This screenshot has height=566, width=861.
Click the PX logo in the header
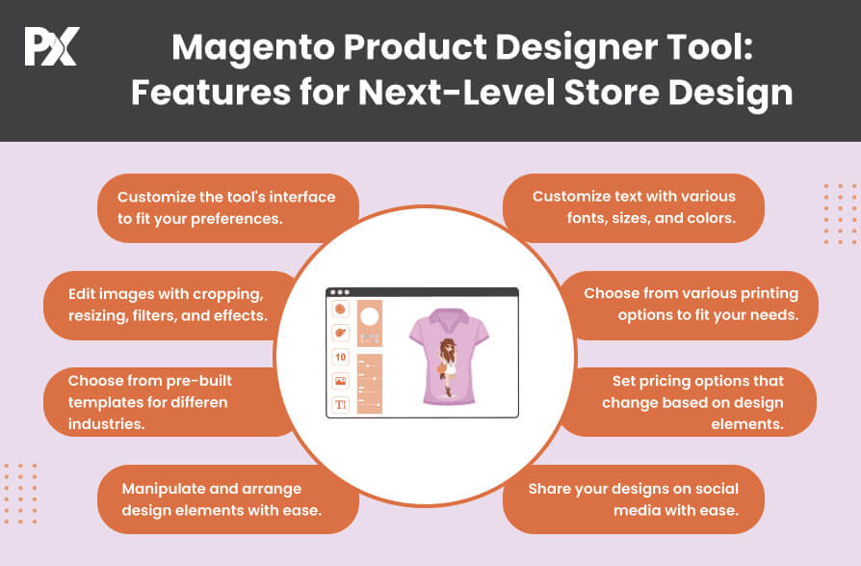point(52,46)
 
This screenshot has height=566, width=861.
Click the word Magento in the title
point(252,48)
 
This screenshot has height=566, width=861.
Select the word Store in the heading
point(612,92)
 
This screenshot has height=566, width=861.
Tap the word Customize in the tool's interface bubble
point(156,197)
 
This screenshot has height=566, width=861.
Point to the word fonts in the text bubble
point(586,218)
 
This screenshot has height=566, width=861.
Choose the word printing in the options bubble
point(770,294)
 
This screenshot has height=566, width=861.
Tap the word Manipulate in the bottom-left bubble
point(162,489)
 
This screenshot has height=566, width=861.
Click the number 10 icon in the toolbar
point(340,357)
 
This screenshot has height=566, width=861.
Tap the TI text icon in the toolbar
point(340,405)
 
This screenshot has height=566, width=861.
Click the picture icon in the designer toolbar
point(340,381)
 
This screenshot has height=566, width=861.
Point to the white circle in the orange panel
point(369,316)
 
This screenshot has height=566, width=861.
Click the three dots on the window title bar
point(340,292)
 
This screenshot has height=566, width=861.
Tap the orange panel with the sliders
point(370,384)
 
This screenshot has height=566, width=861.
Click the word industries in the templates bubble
point(107,424)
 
